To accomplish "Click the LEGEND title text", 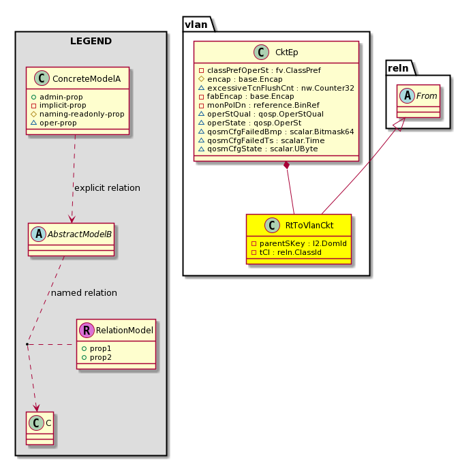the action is [91, 41].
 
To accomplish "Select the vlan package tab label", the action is [196, 25].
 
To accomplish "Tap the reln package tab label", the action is [398, 68].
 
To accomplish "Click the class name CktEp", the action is [286, 52].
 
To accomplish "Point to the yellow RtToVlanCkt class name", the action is [309, 226].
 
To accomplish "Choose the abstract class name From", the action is [427, 96].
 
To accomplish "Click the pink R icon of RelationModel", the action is [87, 331].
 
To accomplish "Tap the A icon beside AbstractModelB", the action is [39, 234].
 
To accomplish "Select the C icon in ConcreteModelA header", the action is [42, 78].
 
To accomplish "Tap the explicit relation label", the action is [107, 188].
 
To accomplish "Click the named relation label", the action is [84, 293].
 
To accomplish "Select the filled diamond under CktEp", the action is [286, 165].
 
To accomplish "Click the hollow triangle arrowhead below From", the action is [399, 124].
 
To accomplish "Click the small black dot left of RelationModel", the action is [27, 344].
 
